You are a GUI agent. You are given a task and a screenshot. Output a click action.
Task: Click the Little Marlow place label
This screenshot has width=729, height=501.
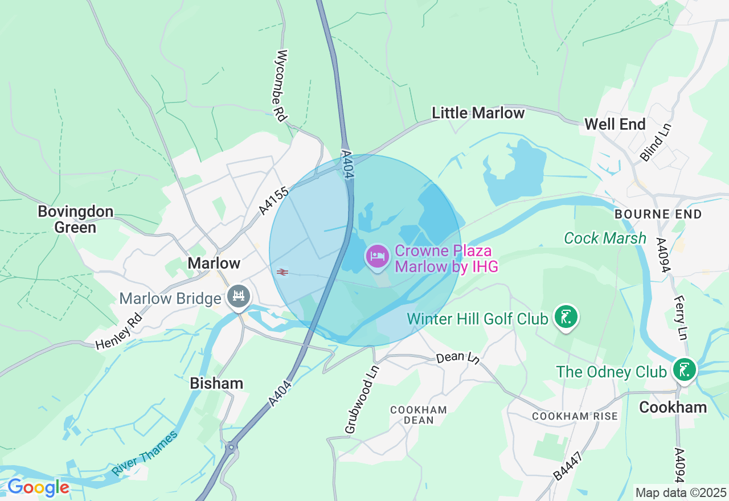coord(478,113)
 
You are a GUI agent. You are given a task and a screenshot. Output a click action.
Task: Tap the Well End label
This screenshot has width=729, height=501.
coord(615,124)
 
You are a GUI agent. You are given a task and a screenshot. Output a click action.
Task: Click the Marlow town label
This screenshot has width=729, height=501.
coord(214,263)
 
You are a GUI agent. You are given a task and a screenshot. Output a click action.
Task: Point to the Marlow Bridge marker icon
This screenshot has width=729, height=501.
coord(239,297)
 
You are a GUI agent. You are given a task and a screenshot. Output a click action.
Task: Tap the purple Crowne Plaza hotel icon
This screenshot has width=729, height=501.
coord(377,256)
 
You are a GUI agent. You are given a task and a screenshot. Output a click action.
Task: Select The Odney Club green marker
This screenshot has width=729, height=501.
coord(684,370)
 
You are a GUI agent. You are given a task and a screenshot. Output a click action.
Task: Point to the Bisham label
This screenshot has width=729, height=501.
coord(216,383)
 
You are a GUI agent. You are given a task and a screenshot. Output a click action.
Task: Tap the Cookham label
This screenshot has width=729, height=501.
coord(673,407)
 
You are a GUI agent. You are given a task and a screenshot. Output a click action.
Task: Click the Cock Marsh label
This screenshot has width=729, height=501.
coord(605,238)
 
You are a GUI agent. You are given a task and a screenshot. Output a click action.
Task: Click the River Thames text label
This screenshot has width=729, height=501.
coord(145,453)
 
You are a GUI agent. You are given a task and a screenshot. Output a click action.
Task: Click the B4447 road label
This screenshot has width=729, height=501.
coord(567,465)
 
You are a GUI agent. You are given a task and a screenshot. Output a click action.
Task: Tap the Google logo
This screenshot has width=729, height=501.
coord(38,487)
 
